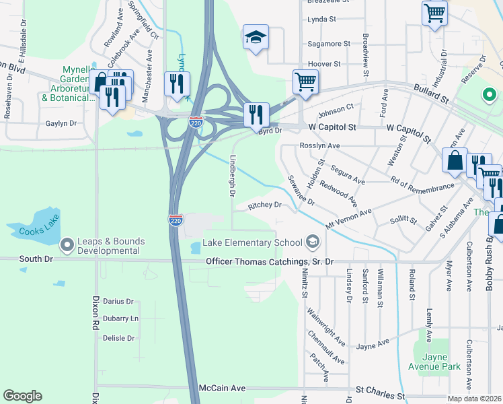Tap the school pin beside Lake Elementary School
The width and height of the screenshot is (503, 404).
312,241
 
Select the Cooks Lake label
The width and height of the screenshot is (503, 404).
40,232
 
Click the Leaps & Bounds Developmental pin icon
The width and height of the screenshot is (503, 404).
67,245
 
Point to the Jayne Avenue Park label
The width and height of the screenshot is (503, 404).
434,362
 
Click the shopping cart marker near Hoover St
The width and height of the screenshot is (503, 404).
305,82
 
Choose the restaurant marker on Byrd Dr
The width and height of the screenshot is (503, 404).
256,115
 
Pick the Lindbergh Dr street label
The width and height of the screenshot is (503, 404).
232,175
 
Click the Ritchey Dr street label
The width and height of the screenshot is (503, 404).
264,205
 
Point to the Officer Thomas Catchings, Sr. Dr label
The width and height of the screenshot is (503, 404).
270,261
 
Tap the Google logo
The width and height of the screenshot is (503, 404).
22,396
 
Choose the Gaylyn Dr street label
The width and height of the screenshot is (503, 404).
61,124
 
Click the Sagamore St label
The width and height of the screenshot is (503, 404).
328,44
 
